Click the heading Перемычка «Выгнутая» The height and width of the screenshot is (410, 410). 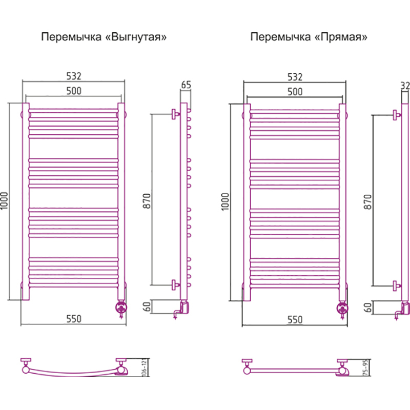pyautogui.click(x=105, y=37)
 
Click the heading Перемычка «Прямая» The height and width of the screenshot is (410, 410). pyautogui.click(x=309, y=37)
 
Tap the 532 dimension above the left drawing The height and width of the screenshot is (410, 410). pyautogui.click(x=73, y=76)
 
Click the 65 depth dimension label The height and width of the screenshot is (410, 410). pyautogui.click(x=186, y=85)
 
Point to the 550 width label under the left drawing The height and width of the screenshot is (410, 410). pyautogui.click(x=73, y=319)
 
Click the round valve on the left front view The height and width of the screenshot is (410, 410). pyautogui.click(x=121, y=307)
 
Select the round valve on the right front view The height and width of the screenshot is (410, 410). pyautogui.click(x=342, y=308)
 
